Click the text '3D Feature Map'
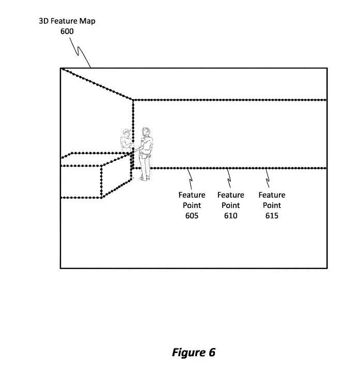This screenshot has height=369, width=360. tap(67, 21)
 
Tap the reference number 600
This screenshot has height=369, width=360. tap(67, 31)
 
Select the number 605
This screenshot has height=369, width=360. tap(192, 216)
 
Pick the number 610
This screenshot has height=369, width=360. tap(230, 216)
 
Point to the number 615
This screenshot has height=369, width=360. tap(272, 216)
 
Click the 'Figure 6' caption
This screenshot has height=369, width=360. tap(194, 352)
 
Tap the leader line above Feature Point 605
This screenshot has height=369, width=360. tap(191, 179)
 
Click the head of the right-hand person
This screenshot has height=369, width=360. tap(146, 132)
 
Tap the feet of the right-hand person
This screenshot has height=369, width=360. tap(144, 178)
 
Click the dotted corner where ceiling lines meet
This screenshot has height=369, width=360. tap(133, 100)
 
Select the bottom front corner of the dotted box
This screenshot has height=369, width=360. tap(101, 198)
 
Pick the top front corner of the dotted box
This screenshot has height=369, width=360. tap(101, 166)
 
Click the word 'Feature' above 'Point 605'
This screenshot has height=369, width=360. tap(192, 195)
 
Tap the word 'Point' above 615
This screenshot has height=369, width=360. tap(272, 205)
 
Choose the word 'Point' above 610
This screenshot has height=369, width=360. tap(230, 205)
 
